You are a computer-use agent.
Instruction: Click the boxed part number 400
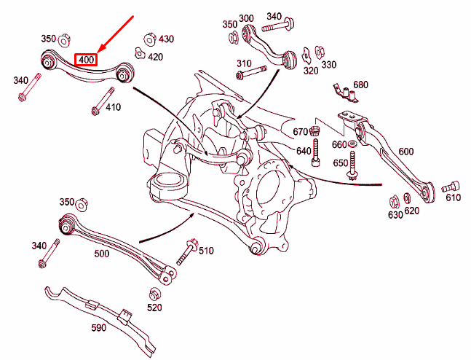tap(86, 60)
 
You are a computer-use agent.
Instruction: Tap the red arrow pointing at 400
tap(116, 34)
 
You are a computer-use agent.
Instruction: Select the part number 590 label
tap(99, 327)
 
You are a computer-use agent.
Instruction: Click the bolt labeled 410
tap(103, 101)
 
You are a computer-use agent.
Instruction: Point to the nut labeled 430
tap(149, 39)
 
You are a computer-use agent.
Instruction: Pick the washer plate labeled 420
tap(139, 53)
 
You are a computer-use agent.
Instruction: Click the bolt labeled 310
tap(251, 72)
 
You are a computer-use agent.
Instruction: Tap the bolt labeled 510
tap(186, 251)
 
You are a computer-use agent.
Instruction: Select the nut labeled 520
tap(154, 294)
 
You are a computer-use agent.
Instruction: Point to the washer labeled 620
tap(408, 198)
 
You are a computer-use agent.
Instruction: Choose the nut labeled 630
tap(394, 202)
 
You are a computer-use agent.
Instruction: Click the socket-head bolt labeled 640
tap(316, 152)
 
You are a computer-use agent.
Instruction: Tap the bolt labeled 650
tap(352, 165)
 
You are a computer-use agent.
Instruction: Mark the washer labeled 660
tap(352, 144)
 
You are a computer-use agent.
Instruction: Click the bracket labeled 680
tap(346, 93)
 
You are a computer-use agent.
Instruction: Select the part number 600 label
tap(405, 152)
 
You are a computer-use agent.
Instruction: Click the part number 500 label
tap(102, 254)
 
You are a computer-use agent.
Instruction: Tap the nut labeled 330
tap(319, 52)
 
